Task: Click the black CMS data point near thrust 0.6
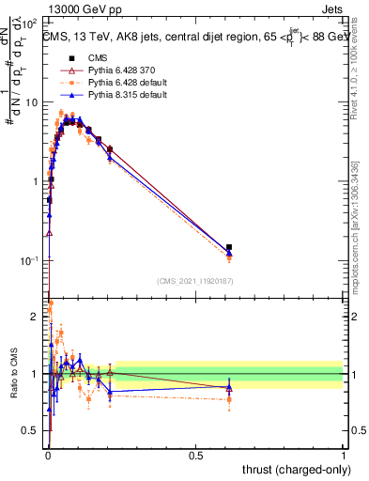coord(229,247)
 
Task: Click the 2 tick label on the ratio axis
coord(37,316)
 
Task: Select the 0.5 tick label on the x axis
coord(195,455)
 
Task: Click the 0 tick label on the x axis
coord(47,455)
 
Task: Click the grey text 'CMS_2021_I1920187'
coord(194,280)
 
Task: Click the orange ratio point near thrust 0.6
coord(229,399)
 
